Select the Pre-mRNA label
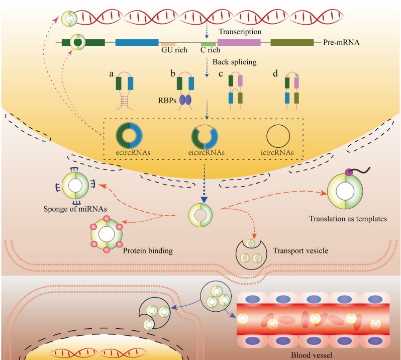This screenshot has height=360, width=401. pyautogui.click(x=340, y=43)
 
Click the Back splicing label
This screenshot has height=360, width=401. pyautogui.click(x=234, y=61)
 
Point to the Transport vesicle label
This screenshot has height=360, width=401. pyautogui.click(x=297, y=249)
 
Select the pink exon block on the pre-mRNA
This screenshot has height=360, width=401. pyautogui.click(x=239, y=43)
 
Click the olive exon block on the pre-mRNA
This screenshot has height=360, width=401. pyautogui.click(x=291, y=43)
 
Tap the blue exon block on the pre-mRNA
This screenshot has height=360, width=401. pyautogui.click(x=137, y=43)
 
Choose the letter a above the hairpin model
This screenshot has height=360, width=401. pyautogui.click(x=112, y=74)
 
